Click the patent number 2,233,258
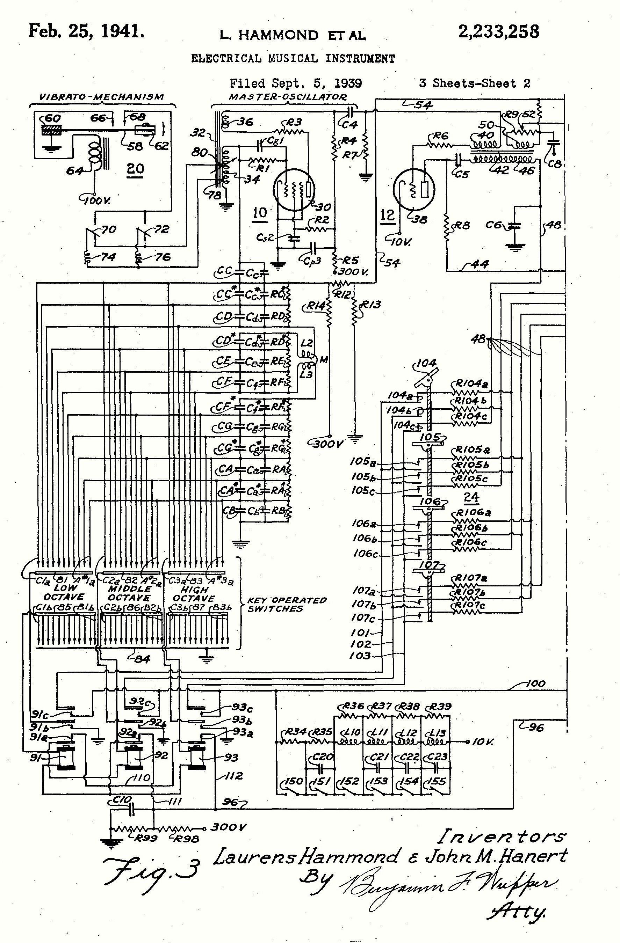tap(498, 32)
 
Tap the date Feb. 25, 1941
tap(86, 31)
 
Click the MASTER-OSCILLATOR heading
tap(287, 97)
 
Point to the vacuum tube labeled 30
tap(294, 190)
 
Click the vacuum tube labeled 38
tap(413, 189)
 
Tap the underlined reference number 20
tap(135, 169)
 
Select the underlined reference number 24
tap(471, 497)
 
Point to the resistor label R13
tap(371, 305)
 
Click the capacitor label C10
tap(122, 800)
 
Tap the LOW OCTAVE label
tap(64, 592)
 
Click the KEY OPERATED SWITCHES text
tap(286, 605)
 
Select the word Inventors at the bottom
tap(502, 837)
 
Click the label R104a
tap(471, 383)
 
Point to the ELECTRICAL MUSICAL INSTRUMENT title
tap(293, 59)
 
